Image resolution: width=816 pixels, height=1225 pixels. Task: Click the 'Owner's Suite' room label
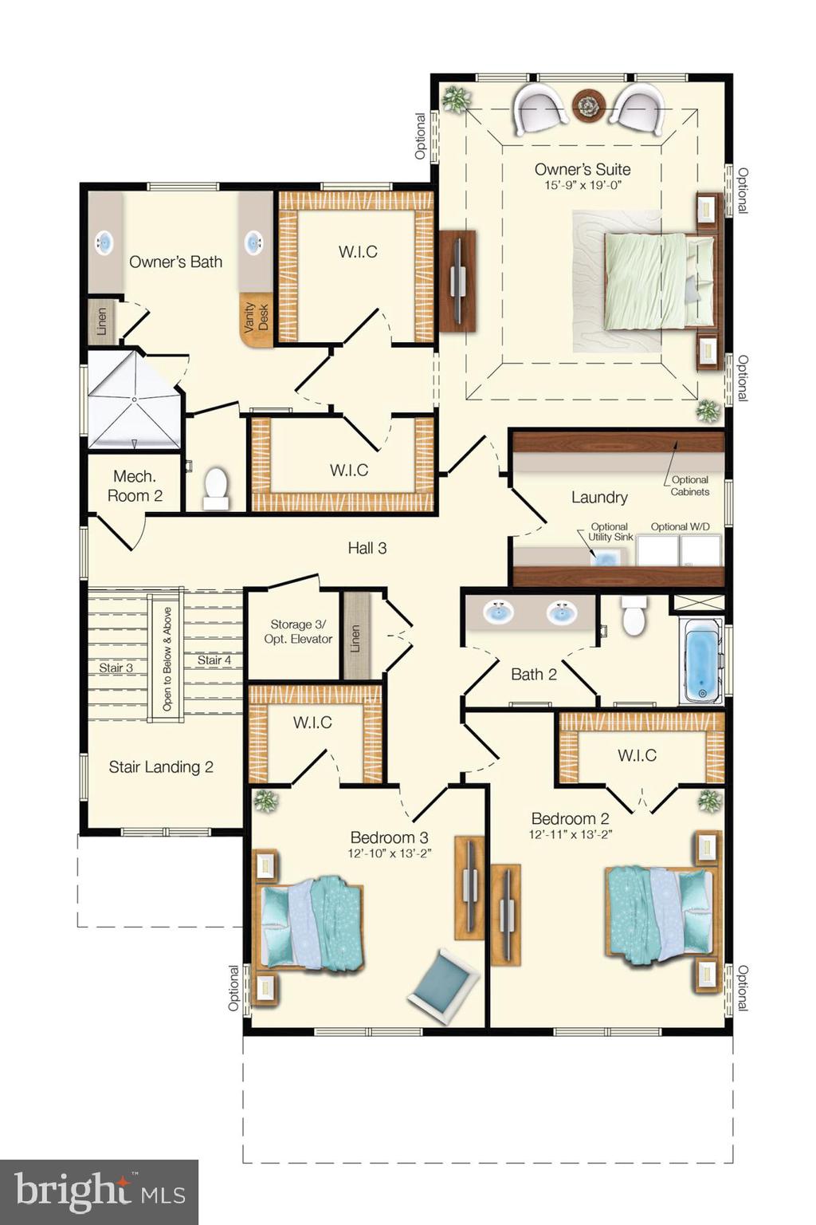pyautogui.click(x=583, y=169)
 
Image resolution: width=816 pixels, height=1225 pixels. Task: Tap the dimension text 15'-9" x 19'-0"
pyautogui.click(x=583, y=185)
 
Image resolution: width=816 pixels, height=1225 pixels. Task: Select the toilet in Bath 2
pyautogui.click(x=634, y=617)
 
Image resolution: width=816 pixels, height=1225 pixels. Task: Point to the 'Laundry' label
pyautogui.click(x=599, y=497)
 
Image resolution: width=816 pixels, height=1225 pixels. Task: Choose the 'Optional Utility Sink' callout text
pyautogui.click(x=610, y=532)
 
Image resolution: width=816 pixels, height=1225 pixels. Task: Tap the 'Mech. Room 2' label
pyautogui.click(x=135, y=486)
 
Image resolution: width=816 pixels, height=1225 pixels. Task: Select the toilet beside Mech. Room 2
pyautogui.click(x=216, y=487)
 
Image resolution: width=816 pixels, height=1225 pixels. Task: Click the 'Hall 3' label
pyautogui.click(x=367, y=548)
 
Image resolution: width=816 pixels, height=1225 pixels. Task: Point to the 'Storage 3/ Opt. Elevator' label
pyautogui.click(x=298, y=632)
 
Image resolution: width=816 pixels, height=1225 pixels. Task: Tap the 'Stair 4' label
pyautogui.click(x=214, y=660)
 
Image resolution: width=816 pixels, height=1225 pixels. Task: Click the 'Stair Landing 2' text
pyautogui.click(x=161, y=767)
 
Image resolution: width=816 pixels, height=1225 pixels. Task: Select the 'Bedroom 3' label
pyautogui.click(x=390, y=837)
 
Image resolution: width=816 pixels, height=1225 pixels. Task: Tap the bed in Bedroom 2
pyautogui.click(x=657, y=914)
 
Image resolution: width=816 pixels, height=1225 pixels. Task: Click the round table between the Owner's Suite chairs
pyautogui.click(x=589, y=105)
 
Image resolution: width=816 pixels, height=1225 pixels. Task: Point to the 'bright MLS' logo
pyautogui.click(x=99, y=1192)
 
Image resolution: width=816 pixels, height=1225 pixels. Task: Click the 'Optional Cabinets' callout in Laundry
pyautogui.click(x=689, y=486)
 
